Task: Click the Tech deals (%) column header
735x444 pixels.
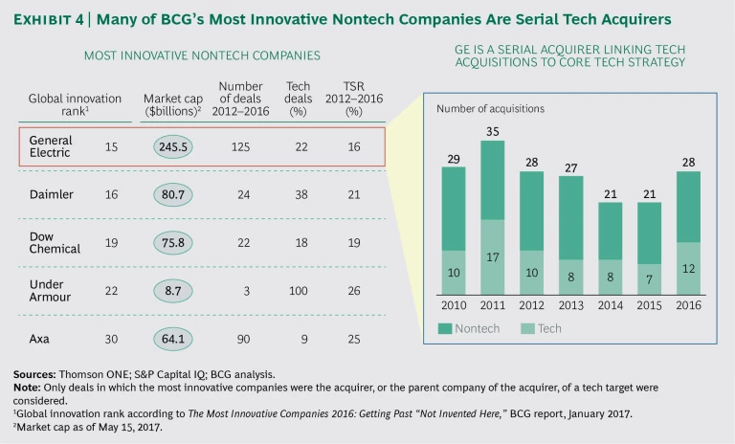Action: [x=299, y=100]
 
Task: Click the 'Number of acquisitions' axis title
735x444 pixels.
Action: [x=490, y=109]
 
